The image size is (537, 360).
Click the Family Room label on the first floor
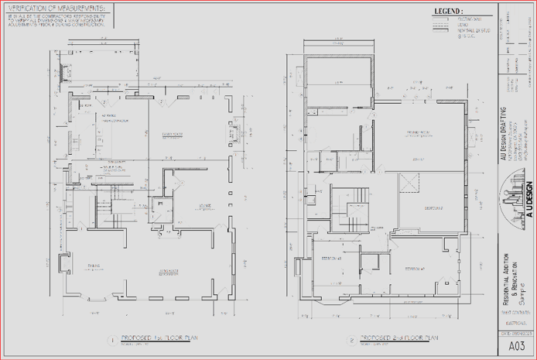(x=171, y=135)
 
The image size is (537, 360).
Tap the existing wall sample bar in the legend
(x=442, y=19)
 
